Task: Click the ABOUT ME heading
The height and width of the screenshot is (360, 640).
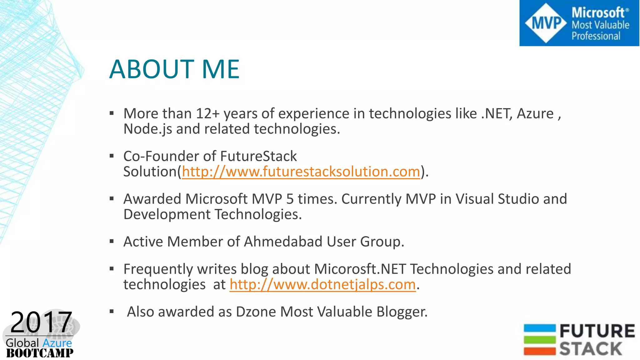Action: pos(174,69)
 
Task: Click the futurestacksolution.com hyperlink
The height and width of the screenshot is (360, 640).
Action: pos(301,172)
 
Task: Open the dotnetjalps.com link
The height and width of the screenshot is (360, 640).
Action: pos(322,284)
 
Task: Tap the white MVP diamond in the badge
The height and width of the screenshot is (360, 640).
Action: pos(546,23)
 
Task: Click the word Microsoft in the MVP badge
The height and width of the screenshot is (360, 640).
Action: pos(598,13)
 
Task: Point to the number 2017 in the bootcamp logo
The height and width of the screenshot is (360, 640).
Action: pos(41,322)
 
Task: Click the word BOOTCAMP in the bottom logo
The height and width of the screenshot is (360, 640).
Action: pos(40,353)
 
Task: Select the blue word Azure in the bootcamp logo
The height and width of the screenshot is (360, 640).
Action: pos(57,343)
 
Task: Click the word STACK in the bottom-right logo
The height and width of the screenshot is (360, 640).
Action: pos(590,349)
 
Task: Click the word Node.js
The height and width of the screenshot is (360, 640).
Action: pos(147,129)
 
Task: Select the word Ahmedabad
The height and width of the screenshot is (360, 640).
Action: pos(283,242)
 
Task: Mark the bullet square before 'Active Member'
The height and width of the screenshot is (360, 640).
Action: pos(112,241)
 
